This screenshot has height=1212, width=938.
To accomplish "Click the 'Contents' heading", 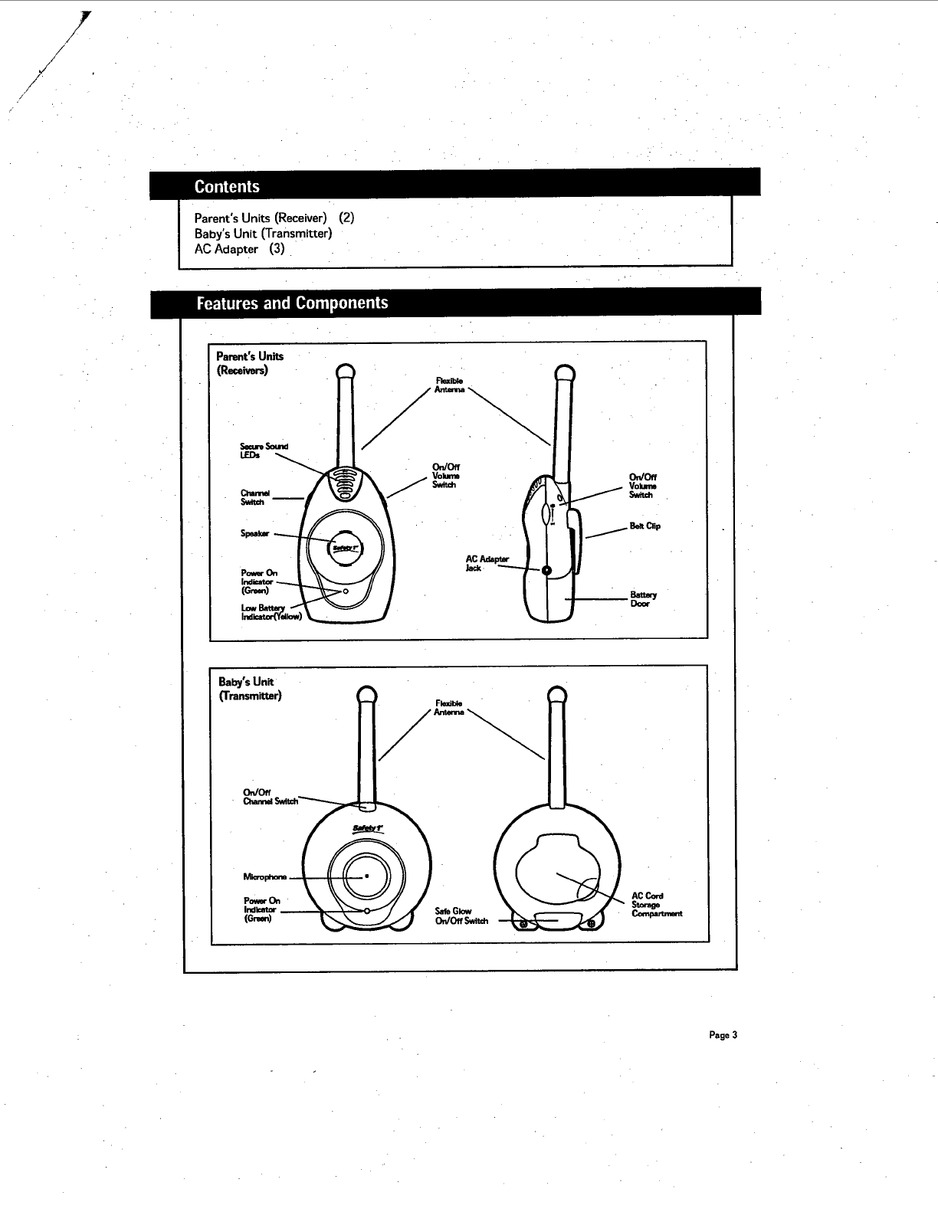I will (x=227, y=186).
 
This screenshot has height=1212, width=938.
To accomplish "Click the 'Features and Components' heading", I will (x=292, y=303).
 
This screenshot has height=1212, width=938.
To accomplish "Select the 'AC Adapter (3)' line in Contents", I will (x=240, y=249).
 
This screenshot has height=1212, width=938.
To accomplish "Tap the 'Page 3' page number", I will (x=723, y=1035).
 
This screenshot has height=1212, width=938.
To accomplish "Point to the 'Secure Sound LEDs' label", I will (x=263, y=450).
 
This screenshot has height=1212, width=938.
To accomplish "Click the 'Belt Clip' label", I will (x=644, y=526).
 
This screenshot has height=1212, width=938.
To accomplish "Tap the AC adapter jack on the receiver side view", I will (x=546, y=571).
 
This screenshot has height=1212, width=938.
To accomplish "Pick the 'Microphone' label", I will (x=264, y=876).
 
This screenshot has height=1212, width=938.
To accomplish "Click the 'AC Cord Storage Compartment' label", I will (x=655, y=905).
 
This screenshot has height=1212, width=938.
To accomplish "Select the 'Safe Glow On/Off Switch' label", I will (x=461, y=916).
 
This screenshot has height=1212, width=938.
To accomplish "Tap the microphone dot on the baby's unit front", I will (x=367, y=876).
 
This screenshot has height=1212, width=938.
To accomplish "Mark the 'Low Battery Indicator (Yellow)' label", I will (x=271, y=612).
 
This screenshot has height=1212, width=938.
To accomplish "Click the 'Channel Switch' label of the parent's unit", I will (x=252, y=498).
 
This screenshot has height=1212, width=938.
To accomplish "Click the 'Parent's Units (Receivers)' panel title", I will (x=249, y=363).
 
